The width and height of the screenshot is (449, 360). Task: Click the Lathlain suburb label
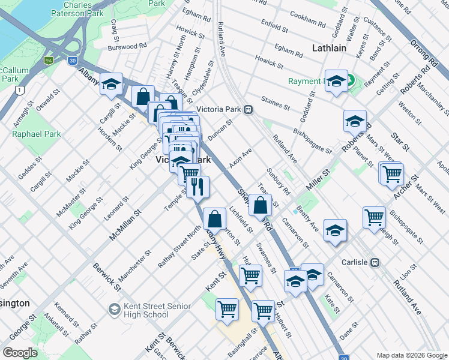point(329,48)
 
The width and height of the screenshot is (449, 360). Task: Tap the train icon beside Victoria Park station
point(247,110)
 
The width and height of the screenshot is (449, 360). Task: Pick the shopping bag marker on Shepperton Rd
point(260,205)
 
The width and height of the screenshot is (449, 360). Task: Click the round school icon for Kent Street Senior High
point(114,310)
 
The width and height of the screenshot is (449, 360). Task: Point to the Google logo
point(20,353)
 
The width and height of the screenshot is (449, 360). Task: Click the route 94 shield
point(48,60)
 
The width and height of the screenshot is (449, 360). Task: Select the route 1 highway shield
point(20,90)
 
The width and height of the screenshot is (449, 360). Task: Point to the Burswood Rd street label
point(127,46)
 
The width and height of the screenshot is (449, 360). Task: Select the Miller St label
point(318,180)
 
